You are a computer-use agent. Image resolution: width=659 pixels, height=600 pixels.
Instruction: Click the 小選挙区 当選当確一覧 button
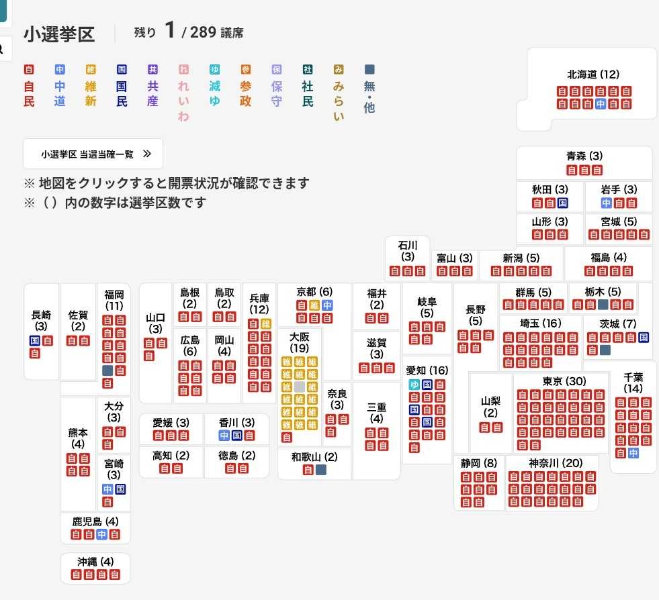[x=93, y=154]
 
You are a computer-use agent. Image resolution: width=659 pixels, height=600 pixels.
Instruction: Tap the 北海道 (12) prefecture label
[x=593, y=74]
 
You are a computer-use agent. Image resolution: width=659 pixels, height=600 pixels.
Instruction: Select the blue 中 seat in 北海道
[x=601, y=104]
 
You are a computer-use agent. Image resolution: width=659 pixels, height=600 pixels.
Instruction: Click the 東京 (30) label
[x=564, y=381]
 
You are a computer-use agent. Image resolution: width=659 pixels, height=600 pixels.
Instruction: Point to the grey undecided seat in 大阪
[x=299, y=387]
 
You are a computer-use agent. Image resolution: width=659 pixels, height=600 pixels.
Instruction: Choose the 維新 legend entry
[x=91, y=86]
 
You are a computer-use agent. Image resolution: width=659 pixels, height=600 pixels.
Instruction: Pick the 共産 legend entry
[x=152, y=86]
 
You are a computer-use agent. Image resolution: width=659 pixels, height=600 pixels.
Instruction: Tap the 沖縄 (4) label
[x=95, y=561]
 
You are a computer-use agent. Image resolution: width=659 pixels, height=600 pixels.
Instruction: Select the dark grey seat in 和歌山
[x=320, y=470]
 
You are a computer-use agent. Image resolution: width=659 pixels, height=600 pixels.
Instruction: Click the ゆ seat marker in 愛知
[x=414, y=385]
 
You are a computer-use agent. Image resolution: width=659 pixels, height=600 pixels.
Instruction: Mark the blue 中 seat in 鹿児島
[x=101, y=534]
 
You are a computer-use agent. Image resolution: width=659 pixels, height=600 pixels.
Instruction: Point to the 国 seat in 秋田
[x=563, y=203]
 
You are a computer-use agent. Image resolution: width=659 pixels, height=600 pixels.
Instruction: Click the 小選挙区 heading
[x=59, y=34]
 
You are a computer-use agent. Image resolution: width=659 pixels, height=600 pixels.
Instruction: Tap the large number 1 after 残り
[x=170, y=30]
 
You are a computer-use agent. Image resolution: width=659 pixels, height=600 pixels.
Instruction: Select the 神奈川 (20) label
[x=556, y=462]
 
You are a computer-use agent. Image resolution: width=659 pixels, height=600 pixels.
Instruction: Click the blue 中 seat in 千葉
[x=633, y=453]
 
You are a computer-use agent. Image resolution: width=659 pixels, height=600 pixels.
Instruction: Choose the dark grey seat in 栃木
[x=603, y=305]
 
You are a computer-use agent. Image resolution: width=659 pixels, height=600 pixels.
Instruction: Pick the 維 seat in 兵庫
[x=265, y=323]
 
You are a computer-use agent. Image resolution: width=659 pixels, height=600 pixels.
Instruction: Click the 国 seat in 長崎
[x=35, y=340]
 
